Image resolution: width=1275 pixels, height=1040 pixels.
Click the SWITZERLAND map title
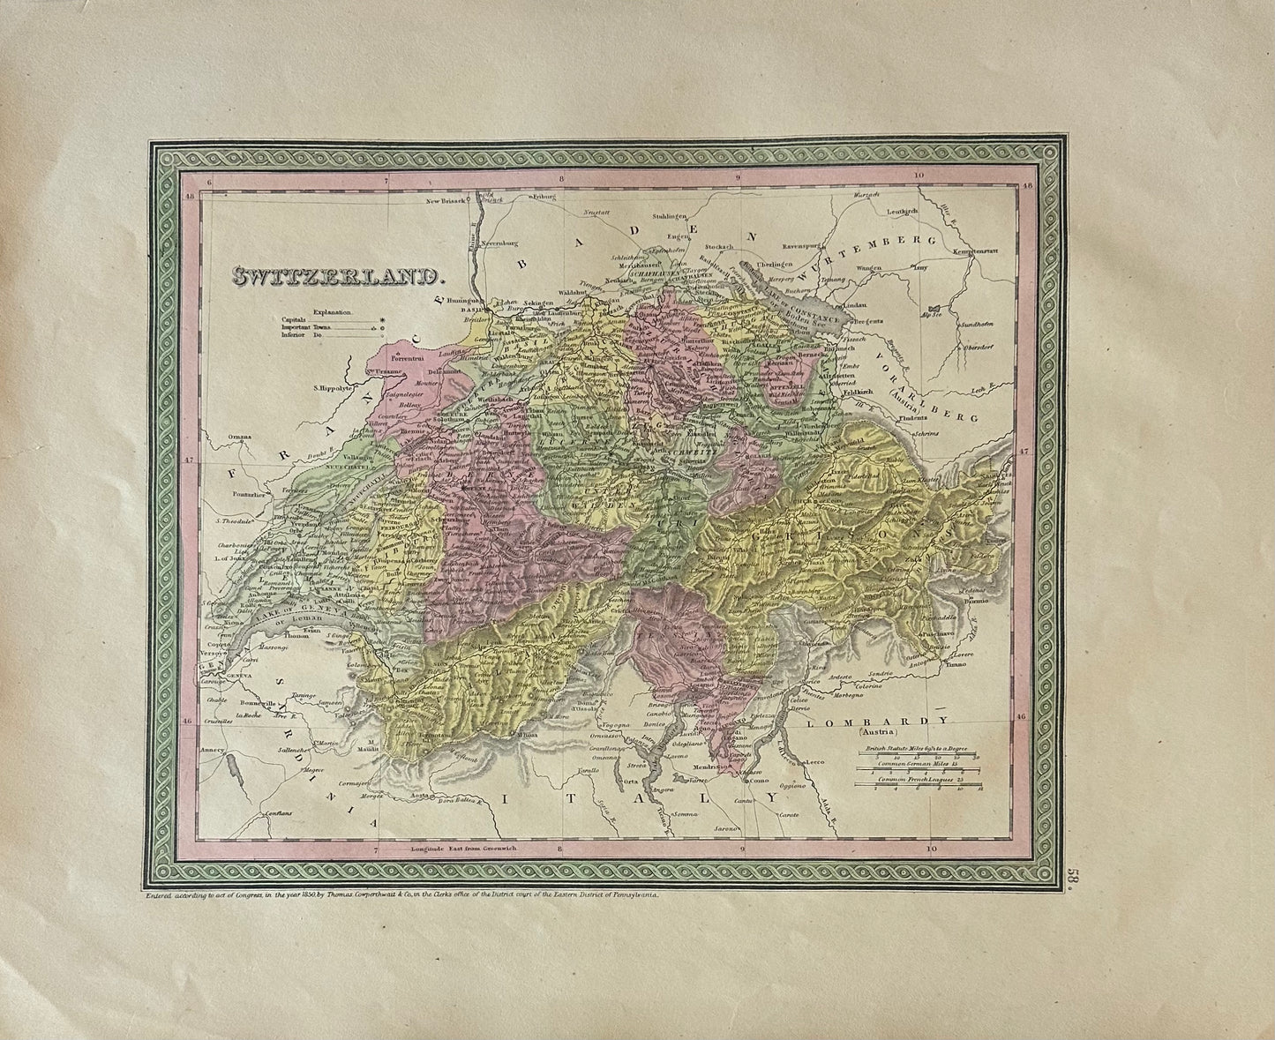coord(338,277)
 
